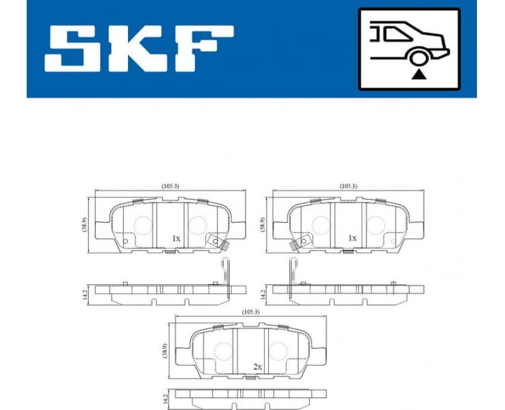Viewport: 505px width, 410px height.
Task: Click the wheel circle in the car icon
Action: (x=417, y=59)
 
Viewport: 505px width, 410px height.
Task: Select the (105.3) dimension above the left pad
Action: (x=170, y=186)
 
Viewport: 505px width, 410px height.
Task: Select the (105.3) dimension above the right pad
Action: (x=348, y=186)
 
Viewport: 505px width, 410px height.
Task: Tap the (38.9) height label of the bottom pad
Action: (x=165, y=351)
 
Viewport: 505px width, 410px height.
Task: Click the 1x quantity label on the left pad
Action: (x=175, y=238)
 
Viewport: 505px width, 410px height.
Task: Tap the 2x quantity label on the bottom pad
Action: (x=257, y=367)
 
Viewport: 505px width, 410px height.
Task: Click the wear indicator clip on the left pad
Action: (x=218, y=243)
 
